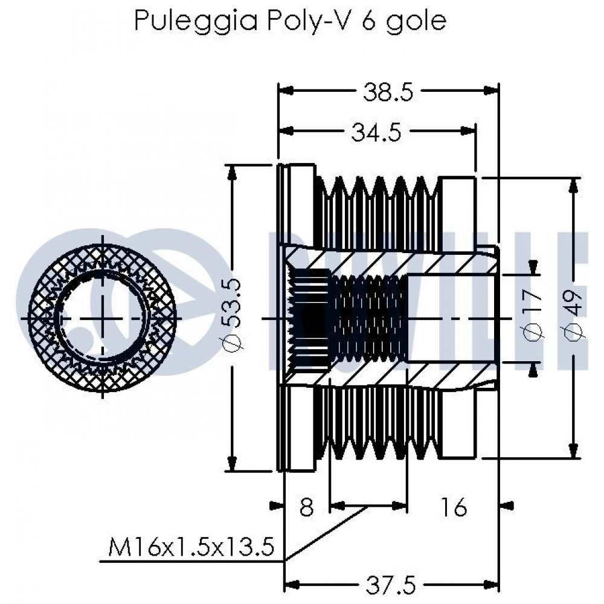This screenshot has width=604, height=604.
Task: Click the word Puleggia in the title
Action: [196, 21]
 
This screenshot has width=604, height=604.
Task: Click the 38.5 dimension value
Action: [388, 92]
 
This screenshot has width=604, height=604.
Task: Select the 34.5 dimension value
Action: [376, 132]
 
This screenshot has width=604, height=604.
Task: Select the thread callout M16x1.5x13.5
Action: [191, 547]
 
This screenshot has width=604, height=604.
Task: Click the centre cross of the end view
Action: [103, 318]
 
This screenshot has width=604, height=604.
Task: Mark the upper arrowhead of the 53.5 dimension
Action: [231, 173]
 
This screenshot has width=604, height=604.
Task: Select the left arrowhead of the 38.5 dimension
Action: [286, 90]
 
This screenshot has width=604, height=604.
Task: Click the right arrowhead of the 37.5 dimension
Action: [492, 583]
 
